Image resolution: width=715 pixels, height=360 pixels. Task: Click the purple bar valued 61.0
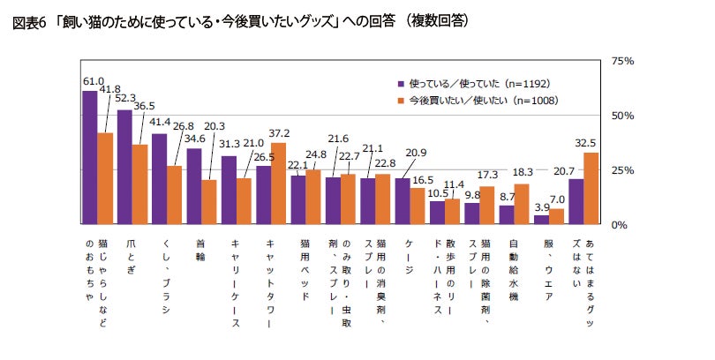click(89, 157)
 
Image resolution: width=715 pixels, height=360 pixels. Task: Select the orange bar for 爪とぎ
click(140, 184)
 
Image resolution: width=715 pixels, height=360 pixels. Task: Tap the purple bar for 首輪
click(193, 186)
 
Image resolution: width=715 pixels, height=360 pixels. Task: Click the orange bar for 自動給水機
click(523, 204)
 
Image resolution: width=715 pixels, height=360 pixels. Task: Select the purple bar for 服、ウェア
click(541, 220)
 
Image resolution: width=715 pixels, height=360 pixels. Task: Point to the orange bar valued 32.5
click(591, 189)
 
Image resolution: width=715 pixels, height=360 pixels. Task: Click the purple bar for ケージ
click(403, 201)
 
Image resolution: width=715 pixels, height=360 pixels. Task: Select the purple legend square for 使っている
click(402, 84)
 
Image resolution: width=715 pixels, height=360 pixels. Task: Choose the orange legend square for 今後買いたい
click(402, 101)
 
